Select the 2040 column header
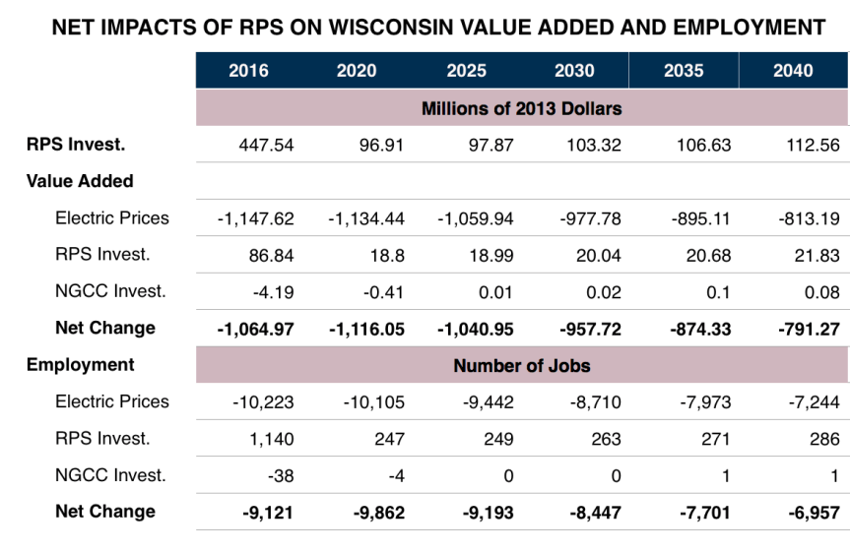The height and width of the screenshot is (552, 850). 793,70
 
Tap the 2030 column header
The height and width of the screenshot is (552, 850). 574,70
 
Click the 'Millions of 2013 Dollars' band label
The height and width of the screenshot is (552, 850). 521,107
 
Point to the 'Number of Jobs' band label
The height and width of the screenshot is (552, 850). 521,365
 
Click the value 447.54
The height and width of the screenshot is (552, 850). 266,145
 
